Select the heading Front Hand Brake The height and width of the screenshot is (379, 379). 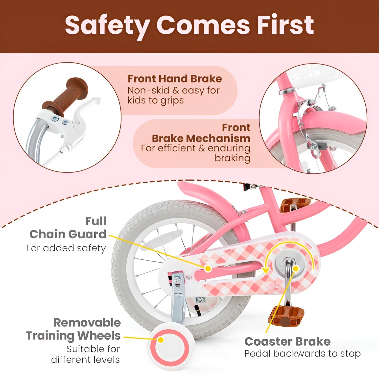click(175, 79)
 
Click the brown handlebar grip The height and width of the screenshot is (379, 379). click(66, 94)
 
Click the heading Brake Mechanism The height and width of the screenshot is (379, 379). click(201, 138)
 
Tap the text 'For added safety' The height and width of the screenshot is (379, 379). click(66, 248)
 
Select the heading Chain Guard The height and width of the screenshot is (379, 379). click(68, 234)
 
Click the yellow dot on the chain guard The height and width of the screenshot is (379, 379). click(208, 268)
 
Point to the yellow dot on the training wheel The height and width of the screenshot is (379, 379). click(161, 340)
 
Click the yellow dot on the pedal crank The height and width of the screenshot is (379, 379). click(296, 269)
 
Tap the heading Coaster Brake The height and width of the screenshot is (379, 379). click(288, 342)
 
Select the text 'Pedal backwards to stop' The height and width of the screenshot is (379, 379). click(302, 354)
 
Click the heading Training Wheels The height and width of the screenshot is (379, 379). click(73, 336)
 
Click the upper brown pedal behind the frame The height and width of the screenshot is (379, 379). click(295, 205)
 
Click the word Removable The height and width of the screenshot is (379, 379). click(87, 323)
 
